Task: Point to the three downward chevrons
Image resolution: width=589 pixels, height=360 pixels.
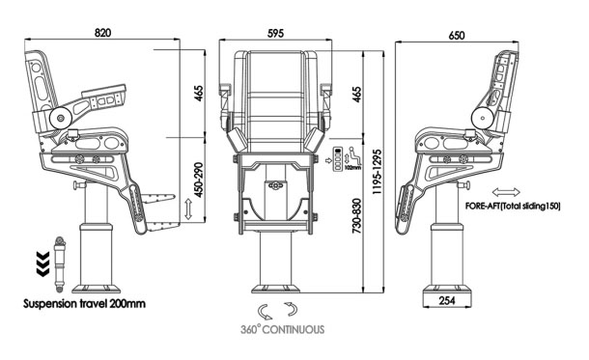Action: pos(42,261)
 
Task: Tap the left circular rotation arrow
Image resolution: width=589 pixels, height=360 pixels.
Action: pos(264,310)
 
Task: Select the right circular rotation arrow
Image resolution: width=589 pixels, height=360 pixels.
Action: pos(293,310)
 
